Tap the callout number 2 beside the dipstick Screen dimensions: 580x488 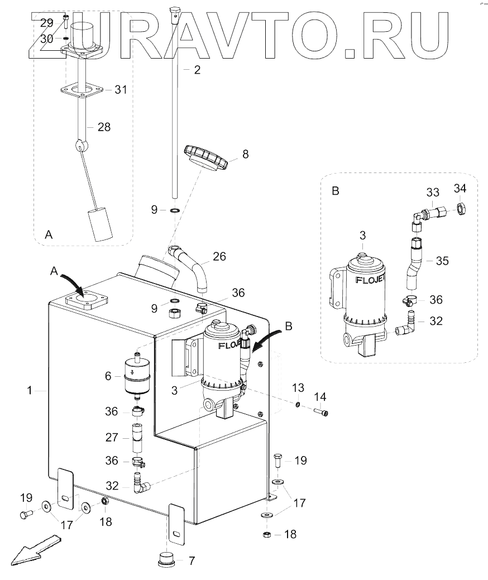pyautogui.click(x=197, y=70)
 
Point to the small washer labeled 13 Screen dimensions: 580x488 pyautogui.click(x=299, y=404)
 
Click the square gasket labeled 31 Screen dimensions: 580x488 pyautogui.click(x=83, y=90)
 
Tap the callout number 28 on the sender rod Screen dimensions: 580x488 pyautogui.click(x=104, y=127)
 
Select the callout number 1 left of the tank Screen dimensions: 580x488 pyautogui.click(x=30, y=391)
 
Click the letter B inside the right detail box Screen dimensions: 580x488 pyautogui.click(x=335, y=191)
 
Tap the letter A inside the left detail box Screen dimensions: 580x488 pyautogui.click(x=49, y=236)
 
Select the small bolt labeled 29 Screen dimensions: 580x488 pyautogui.click(x=66, y=24)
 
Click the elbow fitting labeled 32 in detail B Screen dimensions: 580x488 pyautogui.click(x=405, y=327)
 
